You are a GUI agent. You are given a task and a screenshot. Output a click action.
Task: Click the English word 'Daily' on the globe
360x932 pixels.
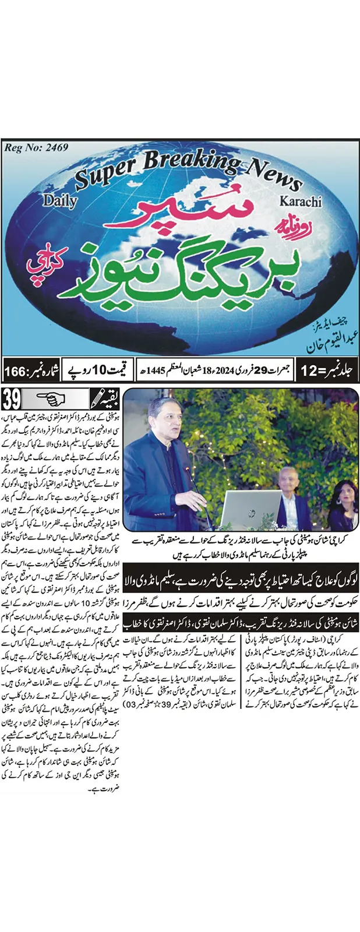tap(59, 201)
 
